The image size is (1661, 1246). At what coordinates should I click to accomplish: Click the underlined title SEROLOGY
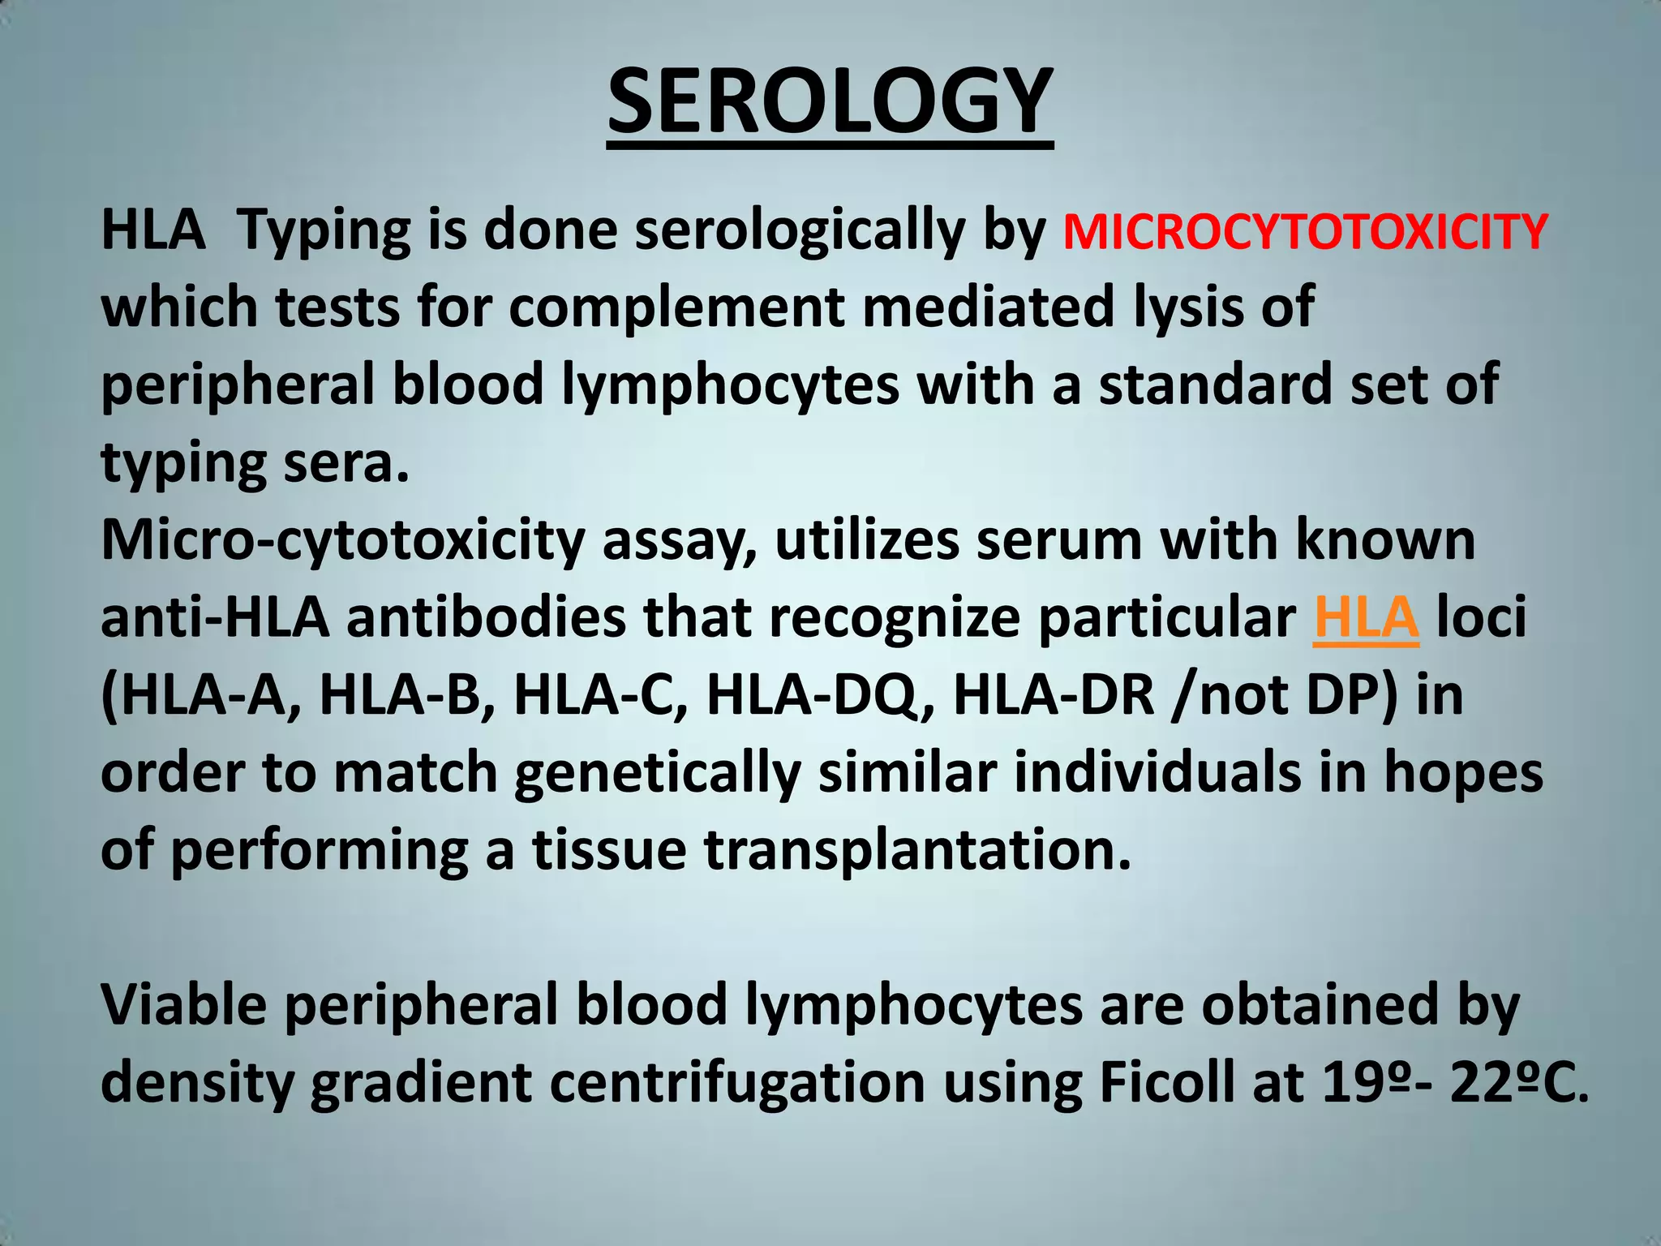click(x=830, y=102)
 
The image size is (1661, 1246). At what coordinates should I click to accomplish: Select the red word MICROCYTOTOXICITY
click(x=1305, y=231)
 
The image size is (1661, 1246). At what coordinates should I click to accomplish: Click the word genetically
click(x=657, y=773)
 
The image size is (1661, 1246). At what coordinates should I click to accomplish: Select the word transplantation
click(x=916, y=850)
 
